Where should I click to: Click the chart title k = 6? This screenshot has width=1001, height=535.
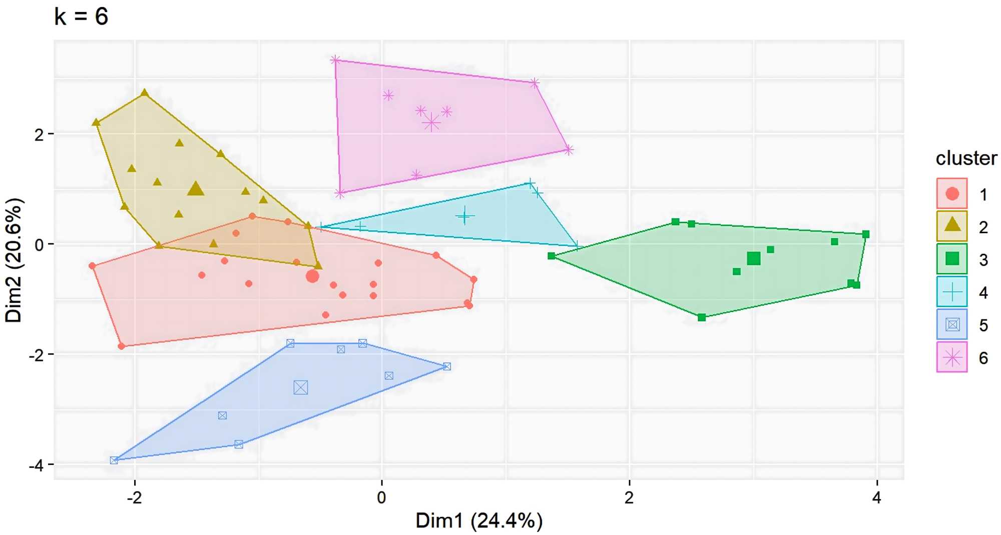81,16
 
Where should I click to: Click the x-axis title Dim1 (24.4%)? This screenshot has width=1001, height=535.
478,520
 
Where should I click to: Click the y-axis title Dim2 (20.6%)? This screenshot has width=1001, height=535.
14,260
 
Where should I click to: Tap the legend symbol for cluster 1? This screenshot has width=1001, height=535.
952,194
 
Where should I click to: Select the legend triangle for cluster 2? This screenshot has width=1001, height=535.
952,225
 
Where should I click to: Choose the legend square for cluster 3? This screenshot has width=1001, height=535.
952,259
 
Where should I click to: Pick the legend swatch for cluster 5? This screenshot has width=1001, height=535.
952,324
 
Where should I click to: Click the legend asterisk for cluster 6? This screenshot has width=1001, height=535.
952,357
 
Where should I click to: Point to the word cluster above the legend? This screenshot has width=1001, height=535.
966,158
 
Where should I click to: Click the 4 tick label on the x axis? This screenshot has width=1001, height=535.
876,497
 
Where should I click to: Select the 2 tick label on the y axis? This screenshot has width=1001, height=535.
39,135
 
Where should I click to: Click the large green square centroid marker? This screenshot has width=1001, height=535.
754,258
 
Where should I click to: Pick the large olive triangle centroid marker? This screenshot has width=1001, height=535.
196,189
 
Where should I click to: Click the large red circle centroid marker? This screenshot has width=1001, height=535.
312,276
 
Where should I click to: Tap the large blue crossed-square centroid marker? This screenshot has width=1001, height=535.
301,387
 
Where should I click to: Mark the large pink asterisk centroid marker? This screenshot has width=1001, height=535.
431,122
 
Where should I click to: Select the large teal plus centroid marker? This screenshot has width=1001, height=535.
465,216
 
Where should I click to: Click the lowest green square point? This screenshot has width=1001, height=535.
702,317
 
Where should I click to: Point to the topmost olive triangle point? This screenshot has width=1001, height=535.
145,93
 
